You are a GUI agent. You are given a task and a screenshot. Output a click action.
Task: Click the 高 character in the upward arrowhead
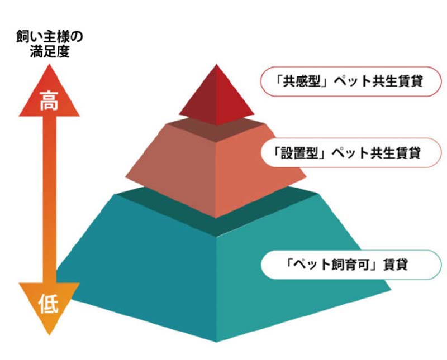[49, 101]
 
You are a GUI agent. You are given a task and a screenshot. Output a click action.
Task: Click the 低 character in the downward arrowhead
[49, 304]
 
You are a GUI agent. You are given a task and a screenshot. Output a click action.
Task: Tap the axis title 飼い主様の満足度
[50, 44]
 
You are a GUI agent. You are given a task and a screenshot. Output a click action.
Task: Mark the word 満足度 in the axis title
[50, 51]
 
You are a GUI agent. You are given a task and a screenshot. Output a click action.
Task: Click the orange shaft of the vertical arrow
[49, 199]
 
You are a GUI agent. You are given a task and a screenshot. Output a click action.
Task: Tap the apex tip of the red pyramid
[216, 64]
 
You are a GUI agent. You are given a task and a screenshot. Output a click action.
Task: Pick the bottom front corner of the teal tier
[216, 342]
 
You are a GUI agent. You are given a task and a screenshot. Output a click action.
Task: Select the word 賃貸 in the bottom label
[396, 265]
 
